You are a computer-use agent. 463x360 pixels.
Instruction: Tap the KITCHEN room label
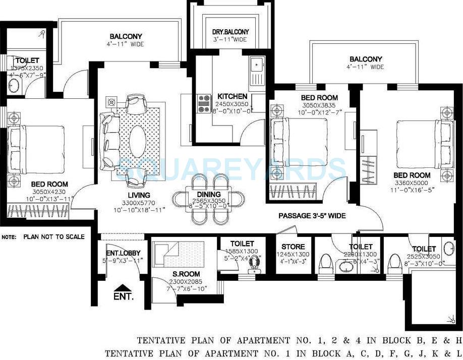coord(232,96)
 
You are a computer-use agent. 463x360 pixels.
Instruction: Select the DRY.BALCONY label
coord(230,32)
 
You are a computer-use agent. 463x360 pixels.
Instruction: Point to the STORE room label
coord(293,247)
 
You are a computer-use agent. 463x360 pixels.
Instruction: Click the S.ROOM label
coord(186,274)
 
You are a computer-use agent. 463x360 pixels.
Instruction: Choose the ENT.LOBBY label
coord(123,253)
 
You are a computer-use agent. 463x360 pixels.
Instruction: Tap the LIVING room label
coord(139,195)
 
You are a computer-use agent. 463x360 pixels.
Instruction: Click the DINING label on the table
coord(209,194)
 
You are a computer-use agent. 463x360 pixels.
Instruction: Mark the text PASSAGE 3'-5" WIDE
coord(312,216)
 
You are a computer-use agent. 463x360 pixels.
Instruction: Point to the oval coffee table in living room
coord(137,140)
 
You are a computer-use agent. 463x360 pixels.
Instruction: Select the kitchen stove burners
coord(204,103)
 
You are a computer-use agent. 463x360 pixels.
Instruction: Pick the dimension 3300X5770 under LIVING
coord(139,202)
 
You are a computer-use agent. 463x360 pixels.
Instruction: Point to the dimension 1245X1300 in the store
coord(293,255)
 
